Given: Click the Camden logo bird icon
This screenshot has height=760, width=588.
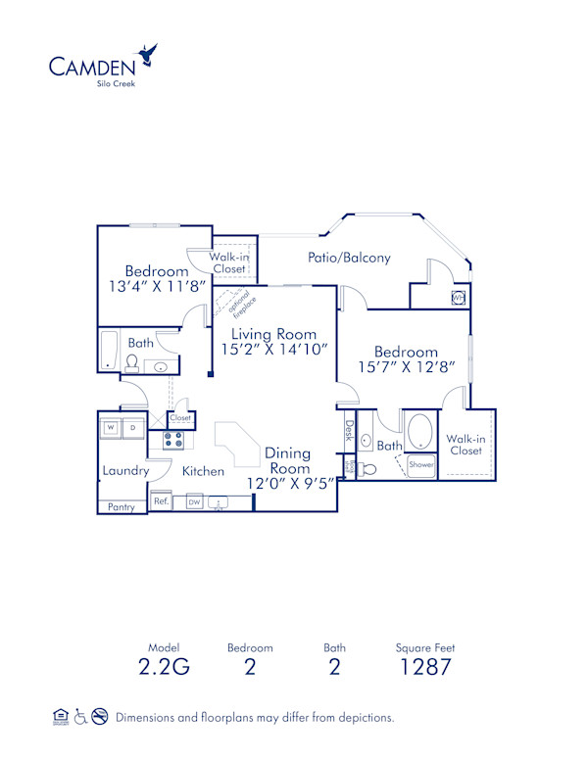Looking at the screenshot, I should pos(149,53).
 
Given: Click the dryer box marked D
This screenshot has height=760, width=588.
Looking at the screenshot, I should pos(133,428).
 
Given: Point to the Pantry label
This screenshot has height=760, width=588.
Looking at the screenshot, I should pos(121,506).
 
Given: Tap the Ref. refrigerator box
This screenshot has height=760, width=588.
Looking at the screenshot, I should pos(161,501).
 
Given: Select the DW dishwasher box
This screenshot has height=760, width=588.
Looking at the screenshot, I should pos(194,502).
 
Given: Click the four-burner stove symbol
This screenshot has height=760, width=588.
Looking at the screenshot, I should pos(173,440).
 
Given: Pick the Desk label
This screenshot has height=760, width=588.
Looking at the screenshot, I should pos(349,432).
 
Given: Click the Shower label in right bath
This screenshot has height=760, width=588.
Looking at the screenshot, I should pos(421,465).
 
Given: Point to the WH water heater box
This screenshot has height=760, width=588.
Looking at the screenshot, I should pos(458,298).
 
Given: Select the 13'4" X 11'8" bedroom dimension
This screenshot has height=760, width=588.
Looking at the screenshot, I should pos(157,287).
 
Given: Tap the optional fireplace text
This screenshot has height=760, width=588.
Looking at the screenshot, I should pos(242,306).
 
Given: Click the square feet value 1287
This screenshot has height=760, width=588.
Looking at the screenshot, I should pos(424,668).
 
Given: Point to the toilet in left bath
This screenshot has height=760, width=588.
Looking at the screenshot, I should pos(131,363).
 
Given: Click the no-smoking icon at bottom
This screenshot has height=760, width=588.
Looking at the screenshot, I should pos(99,717).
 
